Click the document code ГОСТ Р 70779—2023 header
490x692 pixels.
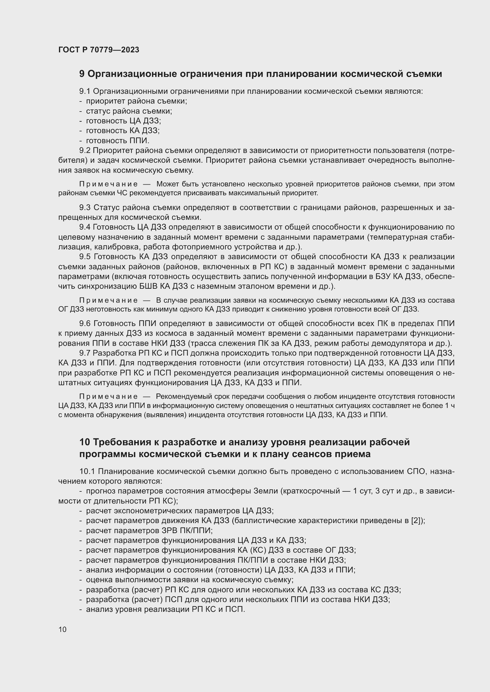[99, 50]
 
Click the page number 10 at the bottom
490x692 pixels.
[63, 629]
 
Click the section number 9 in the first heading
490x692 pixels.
[82, 74]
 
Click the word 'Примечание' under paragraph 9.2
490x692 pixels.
[108, 184]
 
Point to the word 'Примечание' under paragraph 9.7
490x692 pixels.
[108, 397]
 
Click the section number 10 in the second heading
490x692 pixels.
[85, 442]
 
